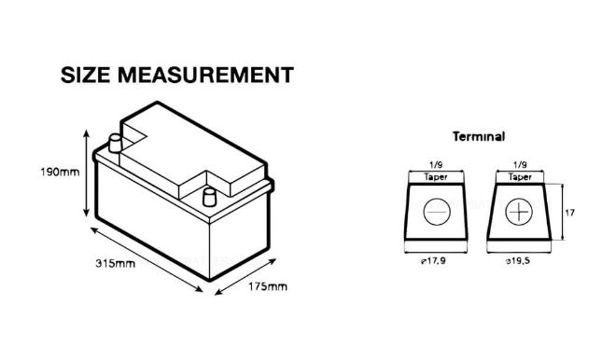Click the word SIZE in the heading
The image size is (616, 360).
85,75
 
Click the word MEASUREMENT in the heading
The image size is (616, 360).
205,75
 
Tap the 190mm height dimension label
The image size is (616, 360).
60,172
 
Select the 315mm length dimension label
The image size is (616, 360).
115,263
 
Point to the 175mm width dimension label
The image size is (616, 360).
268,286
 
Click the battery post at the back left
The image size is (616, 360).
115,144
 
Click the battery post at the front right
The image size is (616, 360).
209,197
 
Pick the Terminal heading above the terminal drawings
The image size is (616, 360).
479,136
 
